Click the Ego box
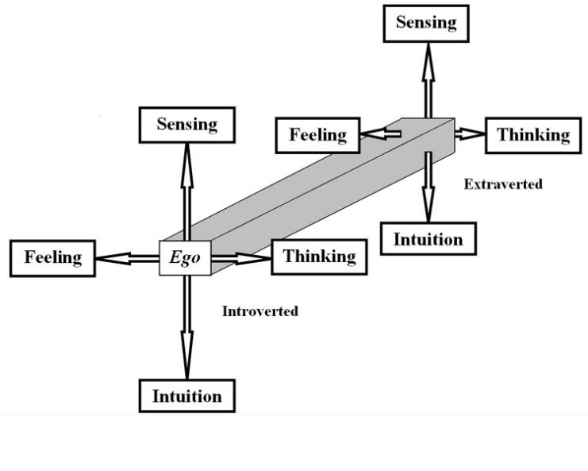click(x=185, y=258)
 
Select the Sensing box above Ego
click(x=187, y=125)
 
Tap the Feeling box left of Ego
click(x=52, y=258)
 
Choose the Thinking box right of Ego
click(x=319, y=257)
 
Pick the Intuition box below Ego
click(x=187, y=396)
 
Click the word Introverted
click(x=260, y=311)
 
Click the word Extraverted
click(x=503, y=184)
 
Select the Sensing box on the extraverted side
click(x=426, y=23)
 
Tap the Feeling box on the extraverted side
click(x=317, y=135)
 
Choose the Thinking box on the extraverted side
click(x=533, y=135)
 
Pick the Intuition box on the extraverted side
click(x=429, y=238)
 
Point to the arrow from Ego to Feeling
click(x=127, y=258)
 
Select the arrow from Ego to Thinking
click(x=242, y=258)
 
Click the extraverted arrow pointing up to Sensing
click(x=427, y=79)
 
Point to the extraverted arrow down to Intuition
click(x=428, y=187)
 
